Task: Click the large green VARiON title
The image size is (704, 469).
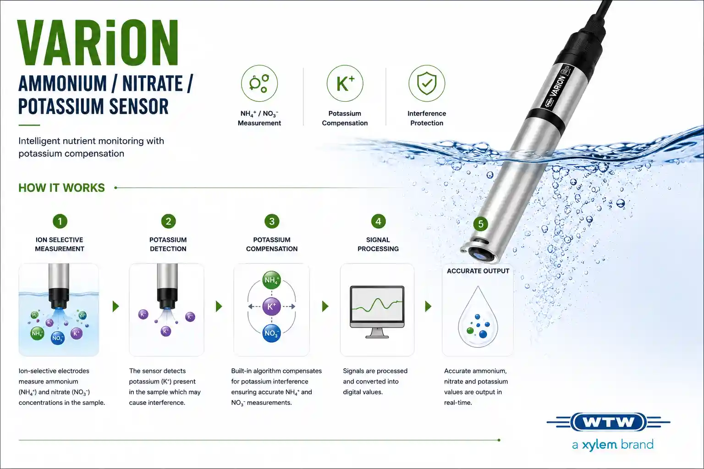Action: pyautogui.click(x=98, y=43)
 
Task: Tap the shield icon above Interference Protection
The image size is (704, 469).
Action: pyautogui.click(x=427, y=83)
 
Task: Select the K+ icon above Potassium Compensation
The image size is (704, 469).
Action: pyautogui.click(x=345, y=83)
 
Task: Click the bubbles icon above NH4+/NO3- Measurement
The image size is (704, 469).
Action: pyautogui.click(x=259, y=83)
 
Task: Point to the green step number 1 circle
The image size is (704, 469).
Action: pyautogui.click(x=60, y=221)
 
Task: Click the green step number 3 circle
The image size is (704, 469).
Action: pyautogui.click(x=272, y=221)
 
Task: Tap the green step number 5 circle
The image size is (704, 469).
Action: pyautogui.click(x=480, y=224)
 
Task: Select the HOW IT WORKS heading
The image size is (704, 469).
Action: pyautogui.click(x=61, y=188)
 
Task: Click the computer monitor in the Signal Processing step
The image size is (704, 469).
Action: pyautogui.click(x=377, y=311)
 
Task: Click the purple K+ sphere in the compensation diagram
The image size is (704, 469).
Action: pyautogui.click(x=271, y=306)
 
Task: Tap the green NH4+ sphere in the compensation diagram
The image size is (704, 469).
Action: pyautogui.click(x=271, y=280)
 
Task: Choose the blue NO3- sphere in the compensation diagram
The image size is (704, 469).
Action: pyautogui.click(x=271, y=333)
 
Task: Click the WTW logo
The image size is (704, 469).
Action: pyautogui.click(x=609, y=422)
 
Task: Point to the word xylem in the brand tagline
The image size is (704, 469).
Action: pyautogui.click(x=599, y=445)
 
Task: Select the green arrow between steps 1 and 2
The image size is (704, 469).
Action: pyautogui.click(x=115, y=306)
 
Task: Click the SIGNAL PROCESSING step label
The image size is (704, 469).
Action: pyautogui.click(x=378, y=244)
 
